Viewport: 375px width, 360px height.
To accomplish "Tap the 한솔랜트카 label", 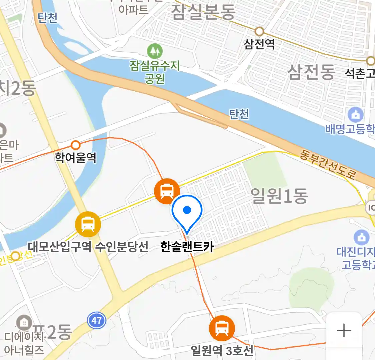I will [187, 247].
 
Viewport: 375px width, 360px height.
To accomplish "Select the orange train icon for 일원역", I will [222, 328].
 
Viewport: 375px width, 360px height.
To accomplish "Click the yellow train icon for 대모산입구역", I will [88, 224].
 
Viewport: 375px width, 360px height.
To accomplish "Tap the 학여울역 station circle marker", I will [76, 145].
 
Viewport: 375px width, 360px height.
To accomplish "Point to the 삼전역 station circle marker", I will [259, 32].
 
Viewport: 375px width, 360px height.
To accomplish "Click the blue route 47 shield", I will [96, 321].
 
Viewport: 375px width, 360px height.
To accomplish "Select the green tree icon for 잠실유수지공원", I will [155, 51].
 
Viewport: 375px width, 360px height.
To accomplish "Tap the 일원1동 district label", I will [279, 196].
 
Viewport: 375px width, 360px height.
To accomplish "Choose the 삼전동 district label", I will [311, 71].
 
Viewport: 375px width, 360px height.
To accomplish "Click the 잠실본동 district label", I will [203, 12].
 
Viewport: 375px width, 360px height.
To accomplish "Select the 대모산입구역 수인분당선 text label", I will [88, 247].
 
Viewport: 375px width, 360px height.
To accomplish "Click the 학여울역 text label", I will [76, 157].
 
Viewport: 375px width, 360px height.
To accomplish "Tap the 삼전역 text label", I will [259, 44].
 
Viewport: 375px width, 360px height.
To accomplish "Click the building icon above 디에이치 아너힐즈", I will [24, 322].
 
